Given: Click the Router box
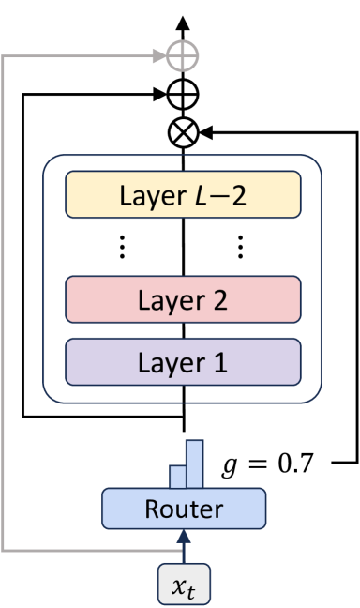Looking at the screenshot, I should tap(183, 509).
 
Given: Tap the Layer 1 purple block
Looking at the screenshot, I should tap(183, 361).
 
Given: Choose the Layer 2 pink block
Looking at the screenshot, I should tap(183, 301).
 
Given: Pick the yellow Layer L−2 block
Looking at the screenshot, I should tap(183, 196).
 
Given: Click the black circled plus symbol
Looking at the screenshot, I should tap(183, 94).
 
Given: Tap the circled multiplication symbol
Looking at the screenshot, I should tap(183, 134).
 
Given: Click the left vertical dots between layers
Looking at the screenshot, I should tap(125, 247).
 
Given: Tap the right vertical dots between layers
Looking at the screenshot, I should tap(241, 247).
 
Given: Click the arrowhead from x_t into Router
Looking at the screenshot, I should tap(183, 537).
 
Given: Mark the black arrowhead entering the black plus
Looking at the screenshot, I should tap(161, 94).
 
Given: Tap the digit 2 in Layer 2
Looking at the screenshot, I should tap(220, 301).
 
